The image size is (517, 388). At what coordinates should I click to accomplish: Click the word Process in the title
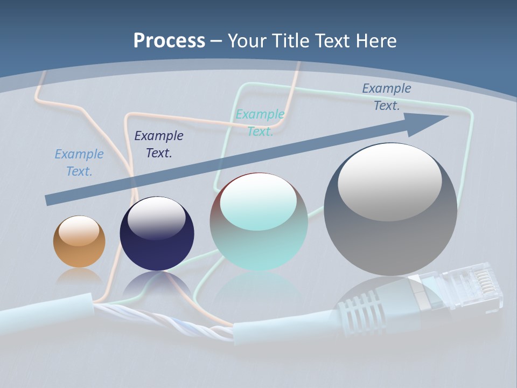[x=169, y=41]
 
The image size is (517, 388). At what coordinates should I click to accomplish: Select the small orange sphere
[x=79, y=241]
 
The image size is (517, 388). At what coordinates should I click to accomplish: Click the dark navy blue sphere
[x=157, y=234]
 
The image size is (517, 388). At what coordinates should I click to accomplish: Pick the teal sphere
[x=258, y=222]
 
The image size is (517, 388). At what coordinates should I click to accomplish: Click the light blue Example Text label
[x=79, y=163]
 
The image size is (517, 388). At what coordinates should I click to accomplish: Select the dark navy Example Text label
[x=159, y=144]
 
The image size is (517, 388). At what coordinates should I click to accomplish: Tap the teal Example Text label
[x=260, y=123]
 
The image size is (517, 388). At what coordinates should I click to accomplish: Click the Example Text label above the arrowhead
[x=387, y=97]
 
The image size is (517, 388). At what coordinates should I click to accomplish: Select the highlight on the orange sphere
[x=79, y=231]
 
